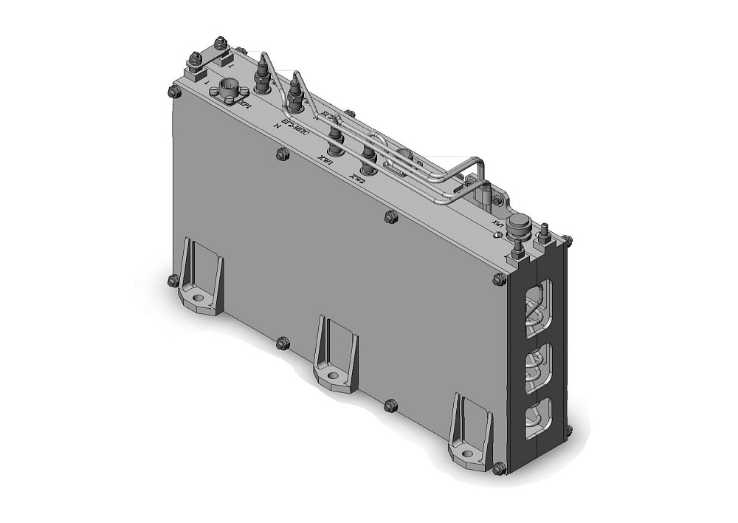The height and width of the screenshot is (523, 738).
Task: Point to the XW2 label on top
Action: tap(358, 176)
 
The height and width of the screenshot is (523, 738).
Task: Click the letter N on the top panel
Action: tap(277, 126)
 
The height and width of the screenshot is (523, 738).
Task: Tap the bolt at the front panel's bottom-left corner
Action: tap(173, 280)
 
